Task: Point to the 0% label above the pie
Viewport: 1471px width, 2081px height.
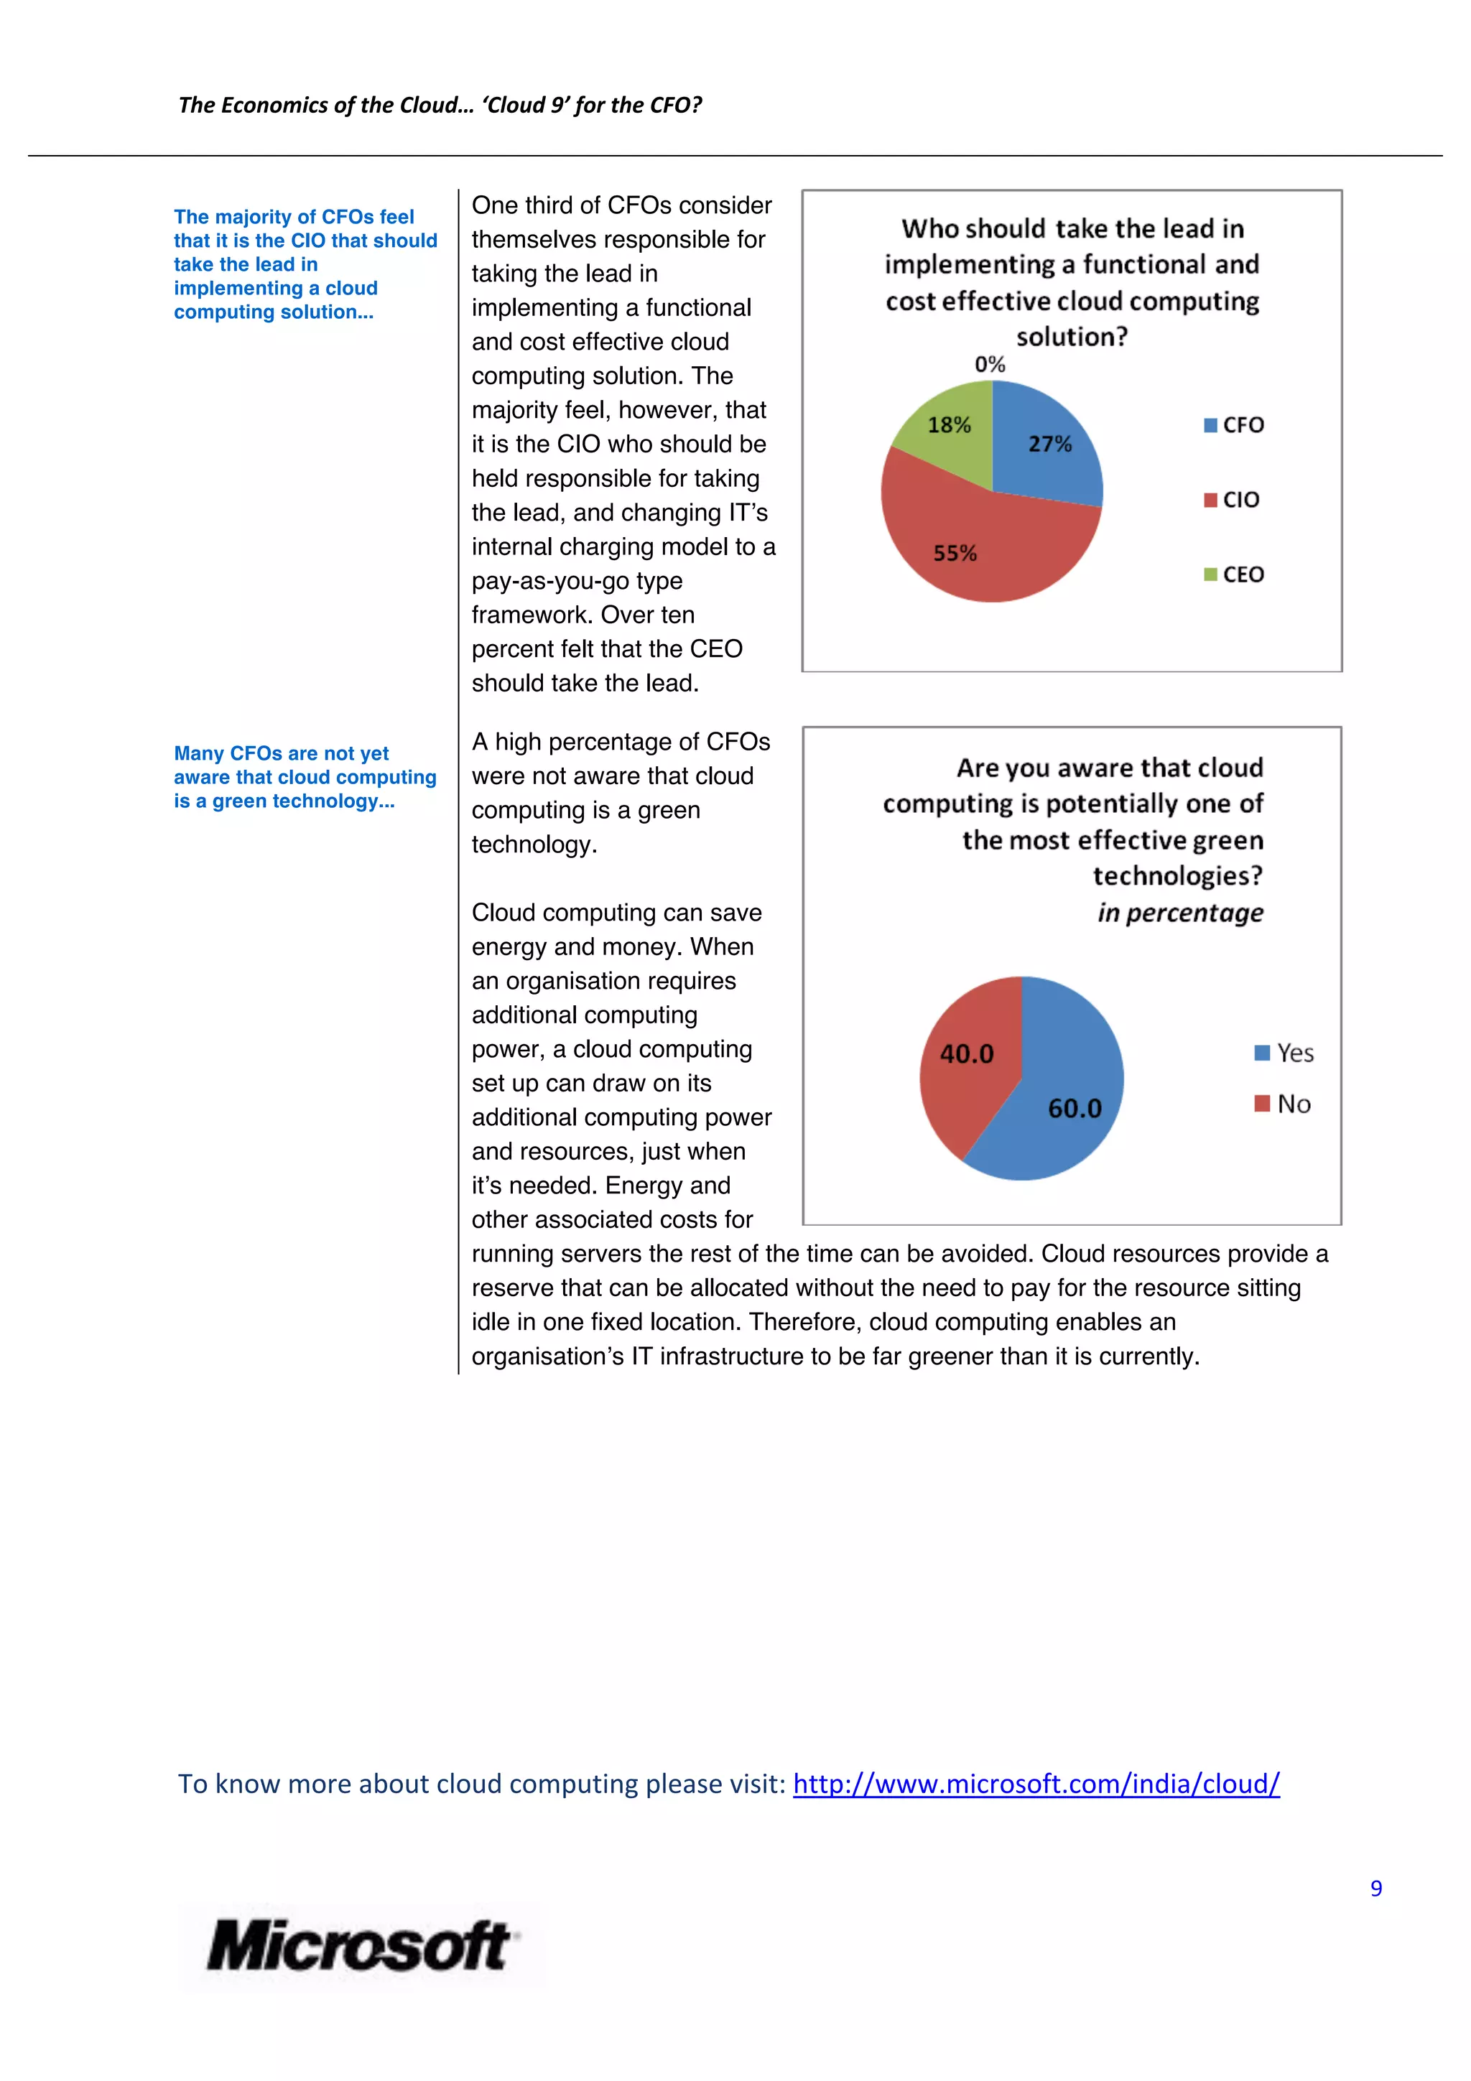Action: click(990, 364)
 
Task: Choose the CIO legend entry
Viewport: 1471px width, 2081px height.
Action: click(1232, 499)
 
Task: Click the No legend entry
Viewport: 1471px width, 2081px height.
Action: click(1283, 1104)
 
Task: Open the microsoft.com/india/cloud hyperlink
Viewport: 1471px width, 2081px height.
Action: click(1035, 1784)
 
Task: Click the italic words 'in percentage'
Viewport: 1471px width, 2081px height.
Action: click(1179, 913)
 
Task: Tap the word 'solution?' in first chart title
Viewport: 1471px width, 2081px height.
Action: click(1072, 337)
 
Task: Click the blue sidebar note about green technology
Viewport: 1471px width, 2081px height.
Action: click(305, 778)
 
